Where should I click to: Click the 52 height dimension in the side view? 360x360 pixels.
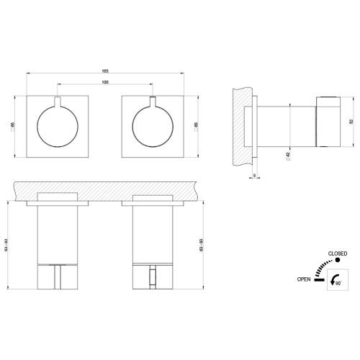351,121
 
